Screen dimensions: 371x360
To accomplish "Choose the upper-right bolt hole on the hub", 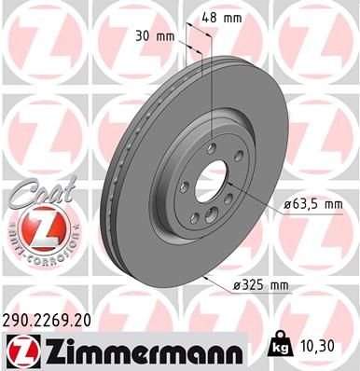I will coord(240,156).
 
